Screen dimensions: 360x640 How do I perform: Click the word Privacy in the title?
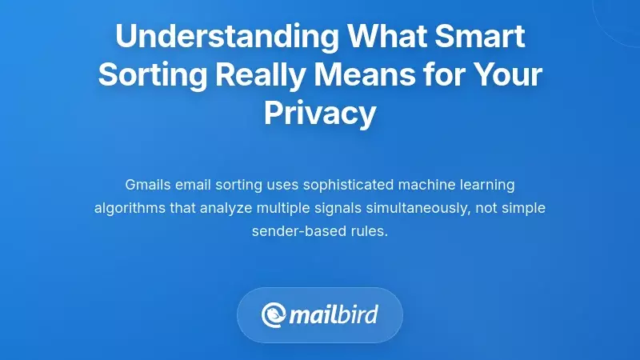pyautogui.click(x=320, y=114)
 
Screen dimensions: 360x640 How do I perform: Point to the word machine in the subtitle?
pyautogui.click(x=422, y=185)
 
